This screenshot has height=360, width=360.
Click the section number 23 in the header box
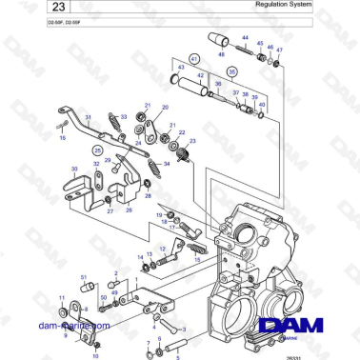point(33,10)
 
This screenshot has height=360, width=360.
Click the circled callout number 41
point(194,59)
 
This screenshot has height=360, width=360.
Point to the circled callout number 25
point(97,150)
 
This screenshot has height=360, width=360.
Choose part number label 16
point(63,138)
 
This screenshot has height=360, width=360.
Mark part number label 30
point(74,169)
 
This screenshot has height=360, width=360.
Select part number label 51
point(85,276)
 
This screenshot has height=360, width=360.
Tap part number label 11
point(62,299)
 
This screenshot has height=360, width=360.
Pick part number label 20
point(166,108)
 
